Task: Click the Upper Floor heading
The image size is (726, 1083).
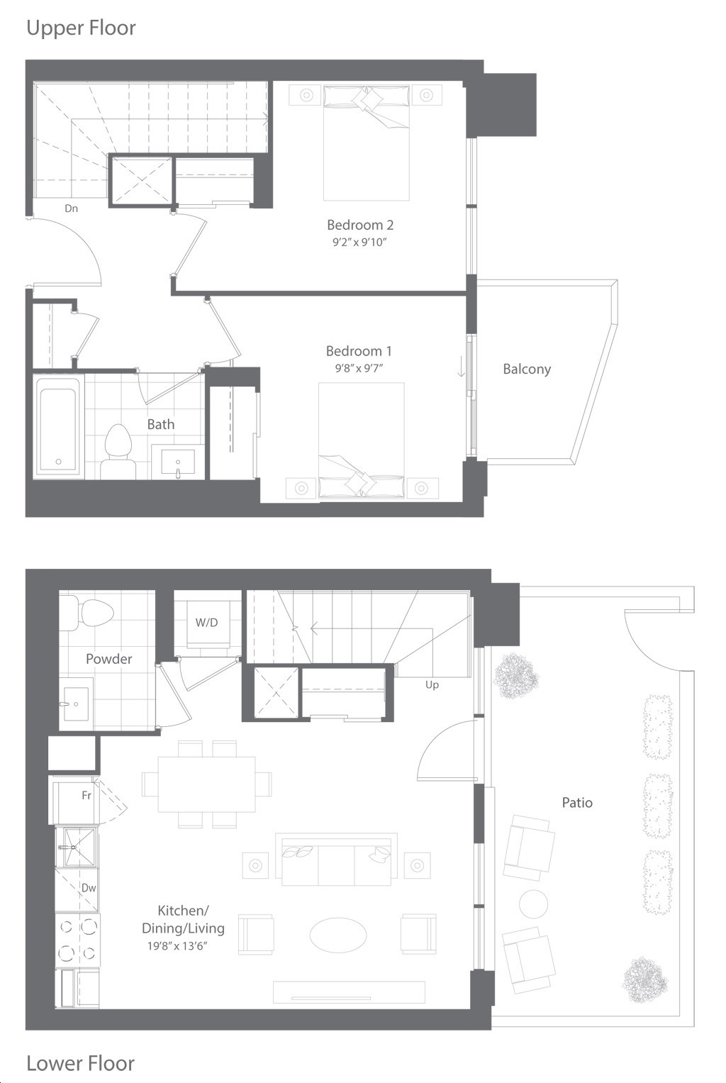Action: [82, 28]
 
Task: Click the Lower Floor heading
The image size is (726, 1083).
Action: [81, 1063]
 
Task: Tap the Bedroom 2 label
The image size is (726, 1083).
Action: [360, 225]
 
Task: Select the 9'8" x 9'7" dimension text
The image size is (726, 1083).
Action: [359, 368]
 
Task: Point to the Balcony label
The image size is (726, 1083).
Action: [527, 369]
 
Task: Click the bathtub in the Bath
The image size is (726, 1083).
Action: [58, 423]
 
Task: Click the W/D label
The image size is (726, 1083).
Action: [206, 622]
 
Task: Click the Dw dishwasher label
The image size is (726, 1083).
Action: [89, 888]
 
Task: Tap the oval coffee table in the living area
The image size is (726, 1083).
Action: [338, 935]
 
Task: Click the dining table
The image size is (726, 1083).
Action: [206, 784]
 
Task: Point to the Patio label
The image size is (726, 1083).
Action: [577, 803]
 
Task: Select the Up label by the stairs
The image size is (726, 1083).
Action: [432, 685]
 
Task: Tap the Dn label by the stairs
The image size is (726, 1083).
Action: [71, 209]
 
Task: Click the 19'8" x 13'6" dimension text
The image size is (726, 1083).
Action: [177, 946]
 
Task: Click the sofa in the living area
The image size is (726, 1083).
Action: [337, 859]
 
